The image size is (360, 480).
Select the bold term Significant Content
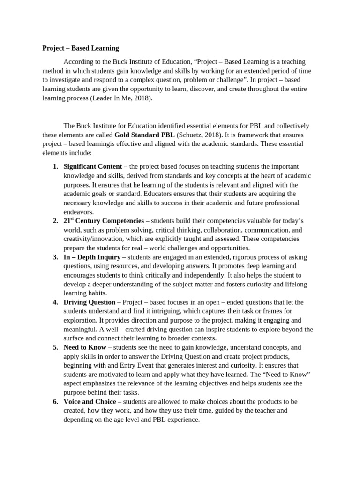click(x=92, y=166)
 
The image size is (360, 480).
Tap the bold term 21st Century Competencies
click(x=104, y=220)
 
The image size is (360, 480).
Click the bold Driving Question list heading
click(x=89, y=302)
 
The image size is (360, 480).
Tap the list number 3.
click(x=55, y=257)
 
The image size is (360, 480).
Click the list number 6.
click(x=55, y=402)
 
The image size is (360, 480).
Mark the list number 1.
click(x=55, y=166)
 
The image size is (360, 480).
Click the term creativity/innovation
click(x=91, y=239)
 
